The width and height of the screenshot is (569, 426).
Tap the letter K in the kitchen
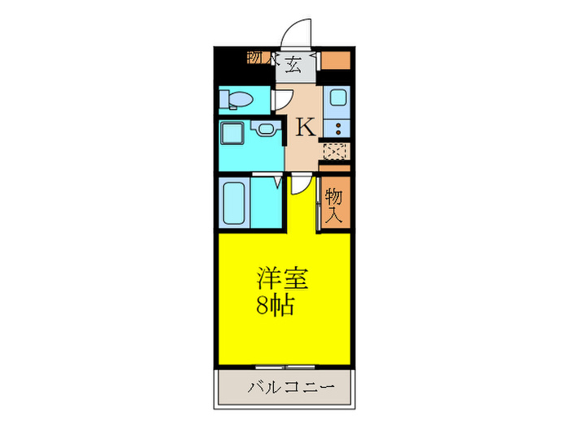coord(305,127)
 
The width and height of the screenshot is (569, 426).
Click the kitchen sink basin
coord(337,101)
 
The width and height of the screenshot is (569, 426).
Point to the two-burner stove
coord(337,127)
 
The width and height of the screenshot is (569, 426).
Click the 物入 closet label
coord(334,206)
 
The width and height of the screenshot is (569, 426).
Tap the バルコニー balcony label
coord(291,386)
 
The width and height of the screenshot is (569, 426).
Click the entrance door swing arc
coord(296,37)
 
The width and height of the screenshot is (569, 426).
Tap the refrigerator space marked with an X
coord(336,150)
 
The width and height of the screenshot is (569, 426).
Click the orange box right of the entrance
coord(340,60)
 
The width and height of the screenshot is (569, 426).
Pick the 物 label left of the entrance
coord(254,58)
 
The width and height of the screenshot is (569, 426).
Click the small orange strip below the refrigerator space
coord(336,168)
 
